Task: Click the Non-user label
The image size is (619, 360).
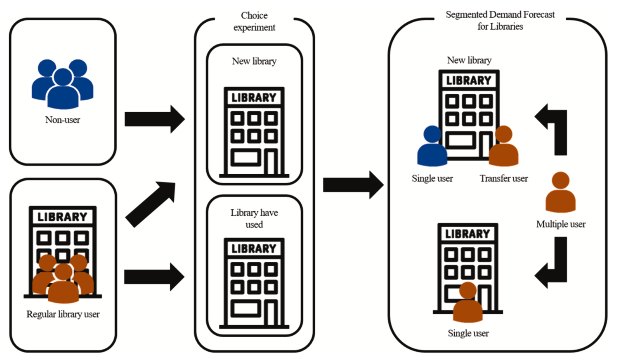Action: pos(63,120)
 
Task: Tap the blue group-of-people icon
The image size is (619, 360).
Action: pos(63,84)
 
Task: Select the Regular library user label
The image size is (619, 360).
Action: pos(63,314)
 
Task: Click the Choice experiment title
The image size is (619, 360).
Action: pos(254,21)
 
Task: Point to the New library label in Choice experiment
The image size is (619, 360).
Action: pos(254,61)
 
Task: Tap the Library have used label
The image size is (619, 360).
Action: pos(254,218)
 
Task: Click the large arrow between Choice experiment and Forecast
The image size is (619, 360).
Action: pos(353,185)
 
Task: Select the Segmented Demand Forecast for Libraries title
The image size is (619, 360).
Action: pos(500,20)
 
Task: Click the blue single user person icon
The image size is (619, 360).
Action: pos(432,146)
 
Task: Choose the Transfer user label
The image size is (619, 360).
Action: pos(503,178)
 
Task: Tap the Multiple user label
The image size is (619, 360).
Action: pos(561,224)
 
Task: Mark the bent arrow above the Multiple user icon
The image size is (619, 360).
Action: pos(553,128)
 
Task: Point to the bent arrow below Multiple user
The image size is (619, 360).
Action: pos(553,264)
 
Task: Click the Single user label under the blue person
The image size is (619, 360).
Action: pos(432,178)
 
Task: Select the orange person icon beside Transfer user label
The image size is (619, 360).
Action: pos(503,146)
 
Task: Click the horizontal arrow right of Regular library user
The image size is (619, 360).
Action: pos(154,277)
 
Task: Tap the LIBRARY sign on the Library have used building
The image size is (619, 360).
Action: pos(254,249)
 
